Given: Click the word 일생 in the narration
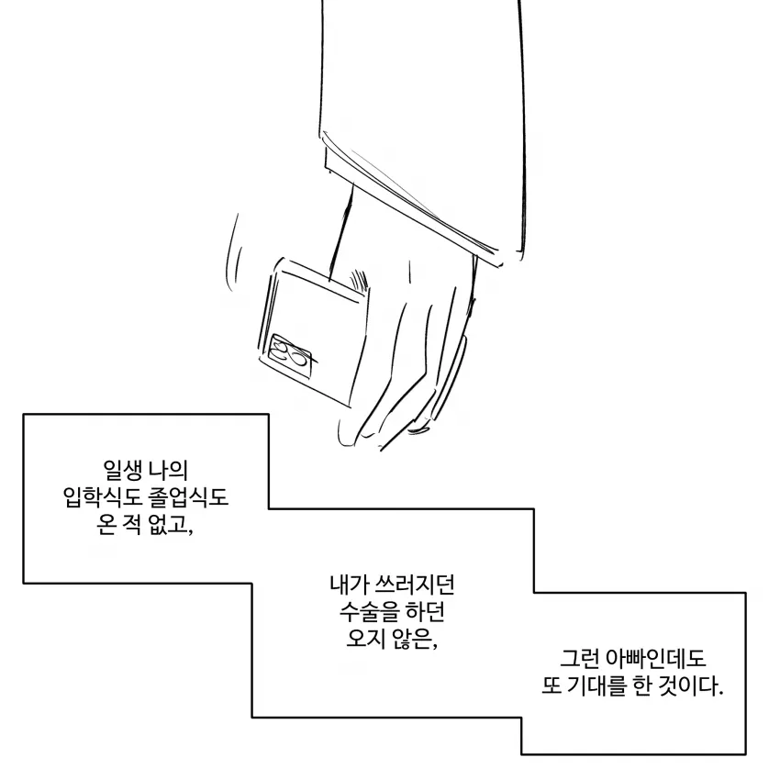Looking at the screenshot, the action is pos(123,470).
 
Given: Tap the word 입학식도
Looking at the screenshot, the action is pos(103,497).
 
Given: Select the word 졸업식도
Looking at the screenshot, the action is pos(188,497).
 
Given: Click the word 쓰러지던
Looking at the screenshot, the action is pos(416,585).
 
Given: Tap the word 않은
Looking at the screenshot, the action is pos(415,640).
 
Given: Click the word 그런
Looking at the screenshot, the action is pos(579,659).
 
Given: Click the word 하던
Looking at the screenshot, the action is pos(424,612).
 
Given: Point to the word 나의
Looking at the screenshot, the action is pos(169,470).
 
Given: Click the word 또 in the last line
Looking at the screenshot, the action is pos(551,686).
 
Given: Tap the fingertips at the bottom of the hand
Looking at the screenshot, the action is pos(383,433).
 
